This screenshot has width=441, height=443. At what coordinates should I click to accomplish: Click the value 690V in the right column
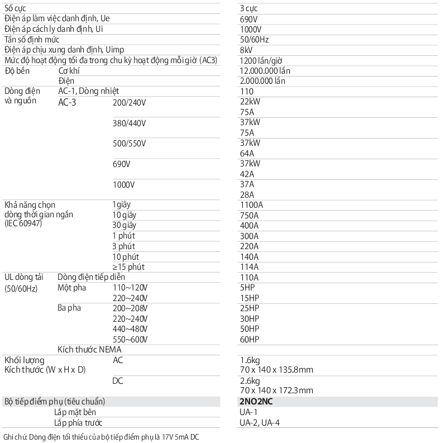248,18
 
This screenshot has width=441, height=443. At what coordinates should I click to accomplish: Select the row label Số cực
17,8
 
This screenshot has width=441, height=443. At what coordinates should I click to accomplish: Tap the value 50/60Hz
254,40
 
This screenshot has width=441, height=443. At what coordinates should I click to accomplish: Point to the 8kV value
246,50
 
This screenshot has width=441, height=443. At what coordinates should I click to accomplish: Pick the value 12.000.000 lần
265,71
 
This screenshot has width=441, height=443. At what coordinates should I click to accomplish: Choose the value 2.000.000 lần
262,81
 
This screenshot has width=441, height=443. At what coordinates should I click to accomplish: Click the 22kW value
249,101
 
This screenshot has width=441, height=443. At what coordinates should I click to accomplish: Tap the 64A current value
246,153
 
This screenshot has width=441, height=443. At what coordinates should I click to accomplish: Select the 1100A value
251,205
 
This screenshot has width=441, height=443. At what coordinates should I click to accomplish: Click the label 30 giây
124,225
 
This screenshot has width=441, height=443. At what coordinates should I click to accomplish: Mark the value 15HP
249,298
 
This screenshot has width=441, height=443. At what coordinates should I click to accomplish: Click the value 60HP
249,339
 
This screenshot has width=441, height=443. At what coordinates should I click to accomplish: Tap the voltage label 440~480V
130,328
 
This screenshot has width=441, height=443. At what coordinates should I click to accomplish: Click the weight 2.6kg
249,380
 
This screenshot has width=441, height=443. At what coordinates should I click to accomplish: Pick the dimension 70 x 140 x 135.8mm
276,370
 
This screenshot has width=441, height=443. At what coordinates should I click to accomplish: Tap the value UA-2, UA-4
260,423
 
